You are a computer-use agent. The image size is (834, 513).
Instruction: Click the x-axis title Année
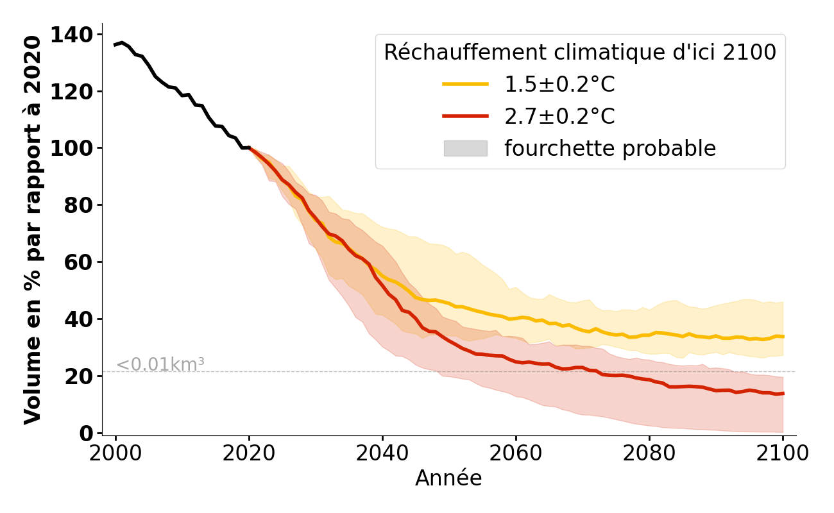pos(448,478)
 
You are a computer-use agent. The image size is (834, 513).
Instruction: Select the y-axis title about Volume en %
pos(33,230)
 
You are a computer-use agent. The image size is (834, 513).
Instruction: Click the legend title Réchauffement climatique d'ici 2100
pos(580,53)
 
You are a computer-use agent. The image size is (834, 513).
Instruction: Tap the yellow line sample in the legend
pos(465,85)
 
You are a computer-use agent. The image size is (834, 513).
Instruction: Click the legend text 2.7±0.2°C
pos(559,117)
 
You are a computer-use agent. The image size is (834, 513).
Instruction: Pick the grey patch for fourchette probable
pos(465,149)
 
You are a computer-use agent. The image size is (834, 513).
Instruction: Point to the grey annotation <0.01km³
pos(160,364)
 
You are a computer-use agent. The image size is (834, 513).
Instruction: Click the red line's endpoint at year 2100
pos(783,393)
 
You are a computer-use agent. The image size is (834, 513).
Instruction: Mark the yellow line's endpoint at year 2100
pos(783,336)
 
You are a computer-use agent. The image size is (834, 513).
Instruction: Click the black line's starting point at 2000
pos(115,45)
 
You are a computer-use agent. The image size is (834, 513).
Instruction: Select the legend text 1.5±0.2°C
pos(559,85)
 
